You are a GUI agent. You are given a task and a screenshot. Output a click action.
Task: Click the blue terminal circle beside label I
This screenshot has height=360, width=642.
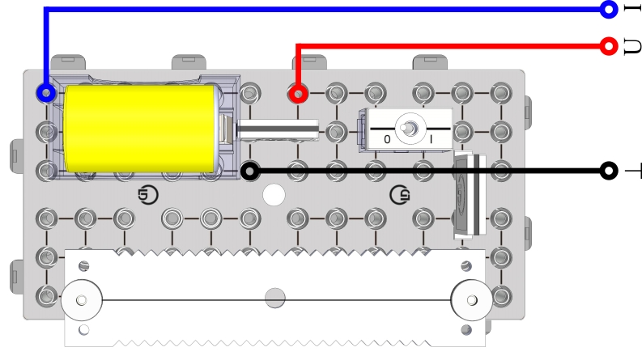(x=609, y=9)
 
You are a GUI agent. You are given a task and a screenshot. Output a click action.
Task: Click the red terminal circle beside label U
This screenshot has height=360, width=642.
(x=609, y=46)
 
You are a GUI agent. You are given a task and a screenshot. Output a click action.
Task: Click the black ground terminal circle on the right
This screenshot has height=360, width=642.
(x=609, y=171)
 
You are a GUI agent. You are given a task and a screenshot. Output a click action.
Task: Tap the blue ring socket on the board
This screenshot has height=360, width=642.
(x=46, y=93)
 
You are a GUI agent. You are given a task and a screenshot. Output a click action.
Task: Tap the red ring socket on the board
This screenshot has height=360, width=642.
(x=298, y=94)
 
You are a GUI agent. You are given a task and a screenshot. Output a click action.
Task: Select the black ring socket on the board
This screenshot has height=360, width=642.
(x=250, y=171)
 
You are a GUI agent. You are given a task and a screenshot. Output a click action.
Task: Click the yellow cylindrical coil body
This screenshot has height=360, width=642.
(x=141, y=129)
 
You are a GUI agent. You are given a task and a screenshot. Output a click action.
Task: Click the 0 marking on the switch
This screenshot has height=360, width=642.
(x=387, y=139)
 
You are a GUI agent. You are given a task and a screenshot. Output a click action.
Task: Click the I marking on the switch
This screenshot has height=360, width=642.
(x=431, y=139)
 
